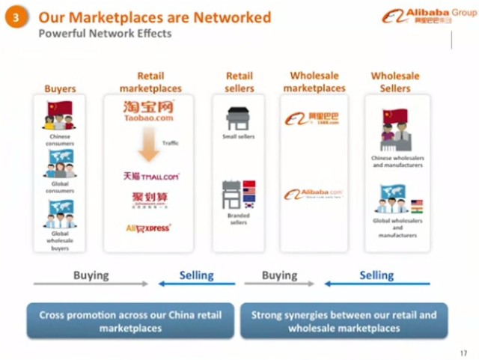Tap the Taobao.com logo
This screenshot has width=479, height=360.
(x=149, y=111)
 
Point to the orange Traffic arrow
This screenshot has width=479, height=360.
(x=150, y=145)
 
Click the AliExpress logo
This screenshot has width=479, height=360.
(x=148, y=228)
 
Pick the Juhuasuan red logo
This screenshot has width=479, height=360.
(x=148, y=200)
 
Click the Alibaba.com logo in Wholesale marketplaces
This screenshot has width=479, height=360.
(x=313, y=195)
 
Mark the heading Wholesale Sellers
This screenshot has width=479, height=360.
(x=395, y=82)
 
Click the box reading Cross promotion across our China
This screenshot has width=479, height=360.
(x=130, y=322)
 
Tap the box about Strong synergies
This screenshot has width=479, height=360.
(x=344, y=322)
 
